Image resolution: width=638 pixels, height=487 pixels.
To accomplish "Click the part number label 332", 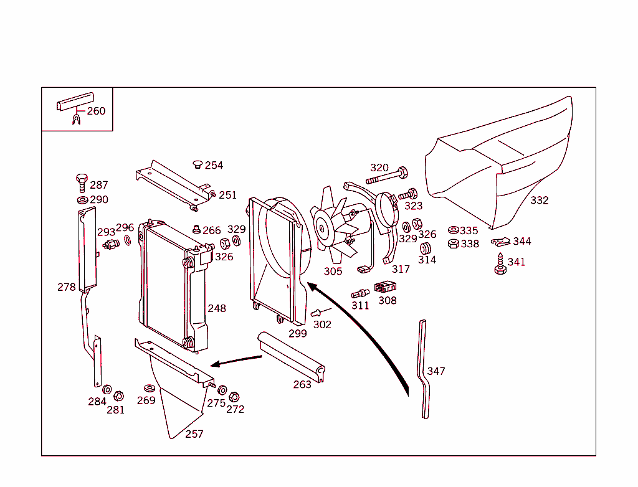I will click(540, 201).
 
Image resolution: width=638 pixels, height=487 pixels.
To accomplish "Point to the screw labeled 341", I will click(500, 264).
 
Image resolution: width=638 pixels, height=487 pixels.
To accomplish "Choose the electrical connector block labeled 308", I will click(385, 288).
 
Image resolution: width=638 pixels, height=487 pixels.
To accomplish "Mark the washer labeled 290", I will click(82, 200).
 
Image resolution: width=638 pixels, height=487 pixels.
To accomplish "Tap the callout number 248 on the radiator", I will click(217, 308).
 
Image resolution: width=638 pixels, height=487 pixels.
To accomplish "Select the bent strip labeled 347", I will click(423, 371).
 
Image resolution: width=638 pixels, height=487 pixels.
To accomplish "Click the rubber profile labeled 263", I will click(293, 359).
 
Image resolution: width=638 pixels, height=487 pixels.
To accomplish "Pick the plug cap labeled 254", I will click(198, 164).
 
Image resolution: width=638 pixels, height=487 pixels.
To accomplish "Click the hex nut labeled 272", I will click(234, 397).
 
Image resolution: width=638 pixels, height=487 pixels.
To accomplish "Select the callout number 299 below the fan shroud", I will click(298, 334).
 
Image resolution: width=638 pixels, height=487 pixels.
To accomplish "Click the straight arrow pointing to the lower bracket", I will click(237, 361).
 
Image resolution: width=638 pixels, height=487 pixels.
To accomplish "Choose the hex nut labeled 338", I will click(454, 243).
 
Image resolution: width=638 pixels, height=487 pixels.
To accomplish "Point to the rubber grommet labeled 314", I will click(426, 248).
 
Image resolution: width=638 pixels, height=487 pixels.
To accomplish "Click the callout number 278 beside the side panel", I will click(66, 287).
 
